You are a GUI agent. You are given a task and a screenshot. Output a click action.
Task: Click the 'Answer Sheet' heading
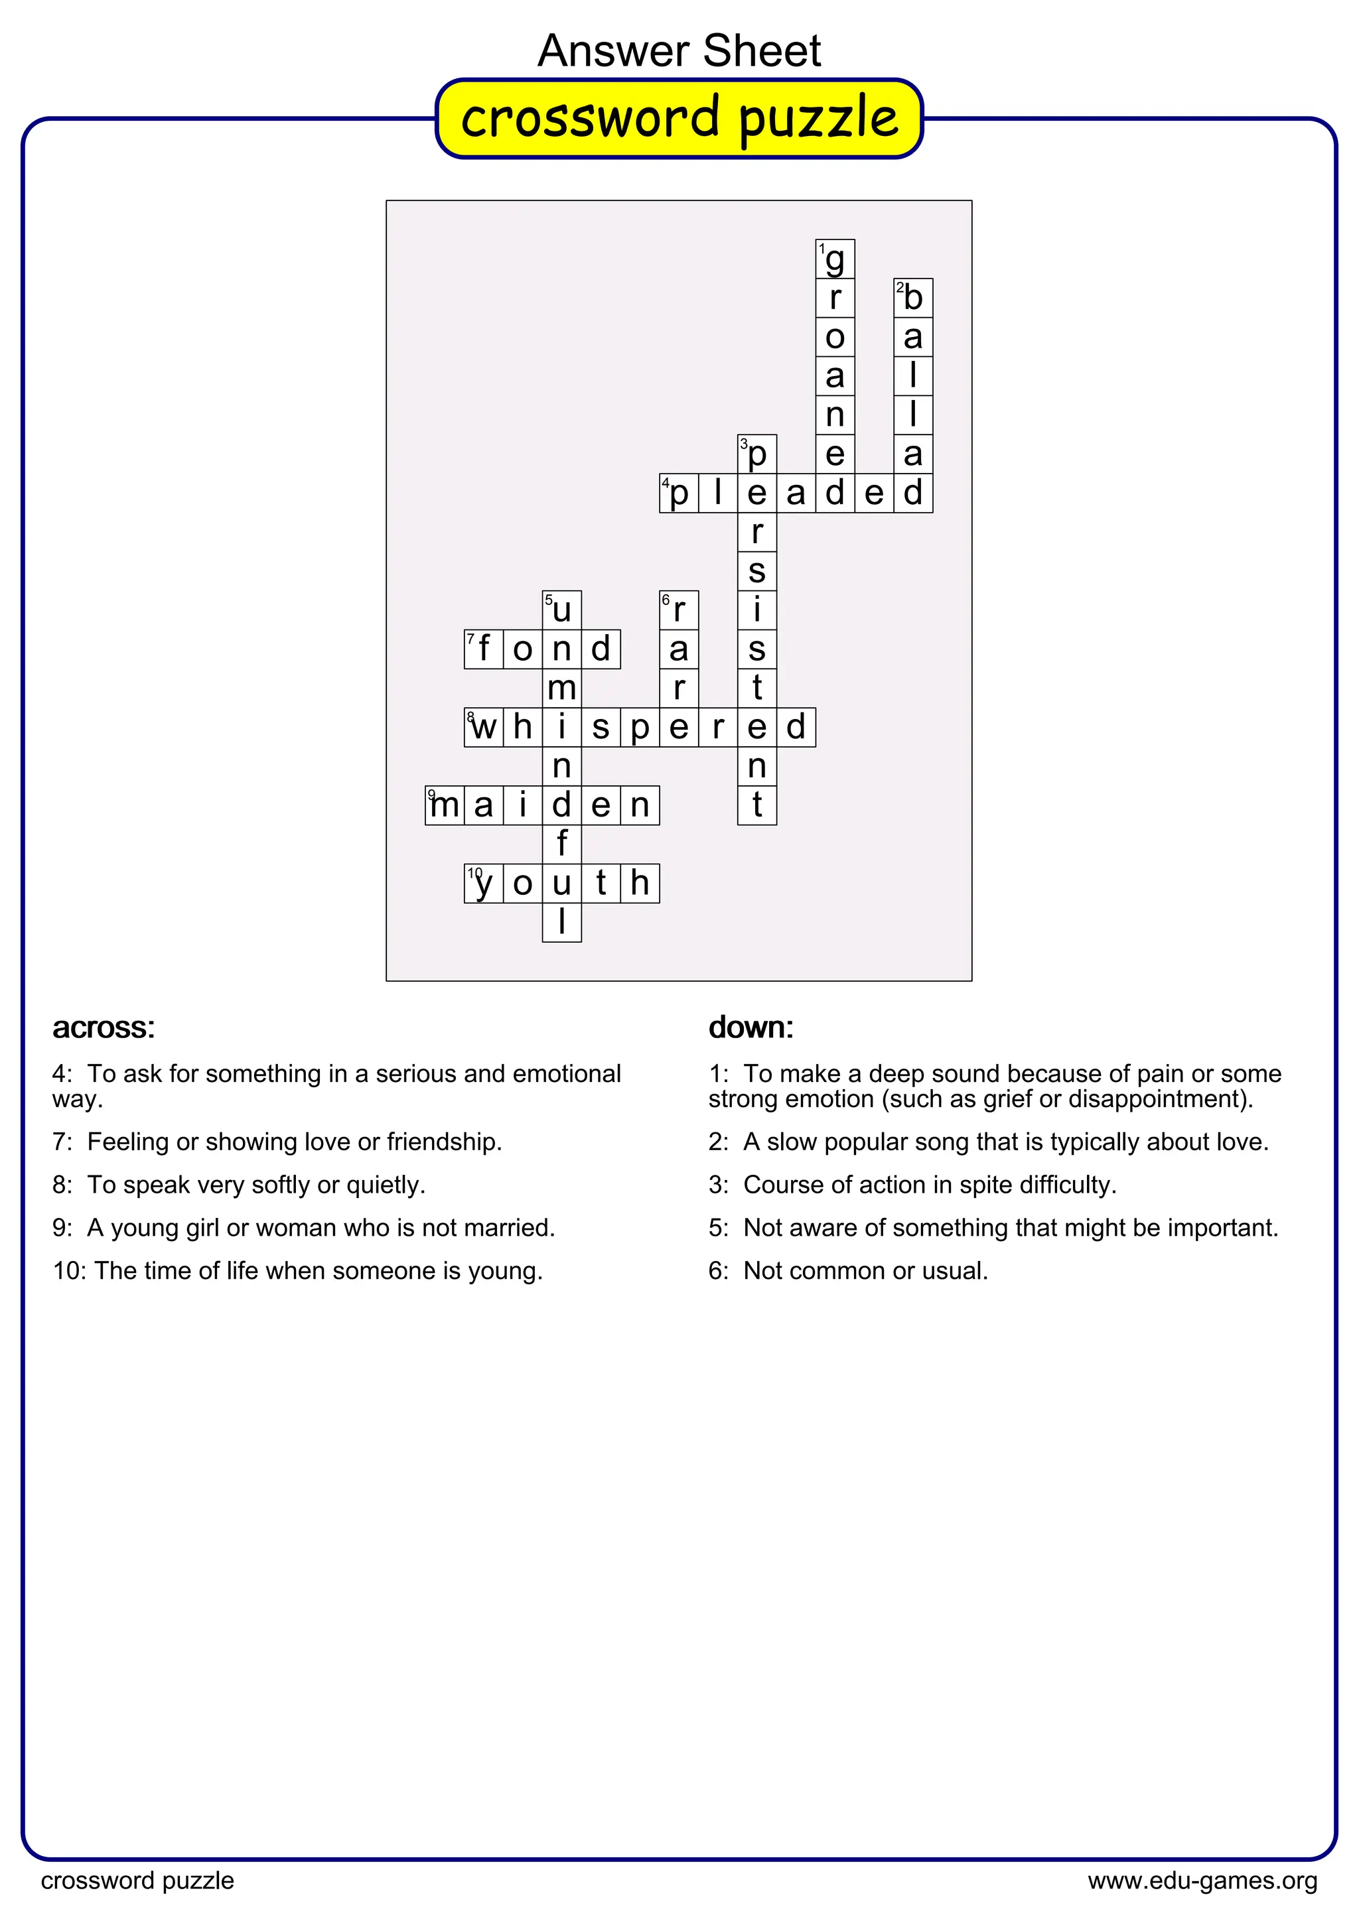(679, 51)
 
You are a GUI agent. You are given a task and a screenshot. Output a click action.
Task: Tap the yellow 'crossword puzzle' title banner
(679, 118)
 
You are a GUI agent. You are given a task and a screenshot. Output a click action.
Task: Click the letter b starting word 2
(913, 298)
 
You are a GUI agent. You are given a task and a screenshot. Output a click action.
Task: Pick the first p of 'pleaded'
(679, 494)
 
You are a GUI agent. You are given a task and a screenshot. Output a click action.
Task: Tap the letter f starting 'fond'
(484, 649)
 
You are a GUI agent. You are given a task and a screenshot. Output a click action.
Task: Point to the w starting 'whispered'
(484, 727)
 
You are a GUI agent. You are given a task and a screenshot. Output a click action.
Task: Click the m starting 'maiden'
(445, 805)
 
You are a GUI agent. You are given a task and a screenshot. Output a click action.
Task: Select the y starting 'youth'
(484, 884)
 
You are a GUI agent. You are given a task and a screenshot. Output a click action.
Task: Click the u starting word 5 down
(561, 610)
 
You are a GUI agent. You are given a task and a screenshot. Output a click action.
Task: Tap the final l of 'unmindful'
(561, 922)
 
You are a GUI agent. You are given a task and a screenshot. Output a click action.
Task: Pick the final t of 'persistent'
(756, 805)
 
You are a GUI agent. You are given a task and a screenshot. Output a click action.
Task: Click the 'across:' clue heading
(104, 1027)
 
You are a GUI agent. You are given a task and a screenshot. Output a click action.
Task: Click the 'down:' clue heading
(751, 1027)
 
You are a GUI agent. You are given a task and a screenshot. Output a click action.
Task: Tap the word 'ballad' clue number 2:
(718, 1142)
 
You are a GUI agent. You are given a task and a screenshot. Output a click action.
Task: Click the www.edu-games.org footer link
(1202, 1880)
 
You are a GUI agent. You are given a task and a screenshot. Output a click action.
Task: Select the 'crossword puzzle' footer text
(137, 1880)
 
